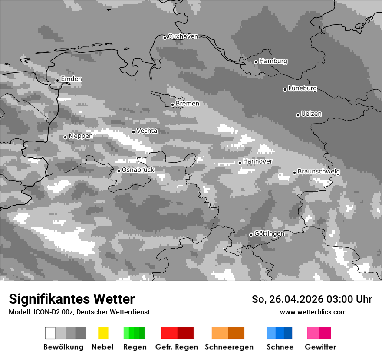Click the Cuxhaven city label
(183, 36)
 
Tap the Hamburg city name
(273, 61)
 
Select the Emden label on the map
(71, 79)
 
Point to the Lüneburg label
(303, 88)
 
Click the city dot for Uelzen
(298, 115)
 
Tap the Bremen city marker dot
(172, 105)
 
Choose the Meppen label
(80, 136)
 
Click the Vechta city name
(147, 131)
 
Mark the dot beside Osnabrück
(119, 171)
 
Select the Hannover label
(257, 161)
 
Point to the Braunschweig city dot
(294, 173)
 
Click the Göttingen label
(269, 234)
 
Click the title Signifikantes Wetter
(72, 299)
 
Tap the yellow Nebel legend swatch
(103, 333)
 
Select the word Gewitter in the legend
(320, 347)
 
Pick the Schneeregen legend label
(229, 347)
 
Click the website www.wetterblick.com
(313, 312)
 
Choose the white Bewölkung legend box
(50, 333)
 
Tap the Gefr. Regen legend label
(176, 347)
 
